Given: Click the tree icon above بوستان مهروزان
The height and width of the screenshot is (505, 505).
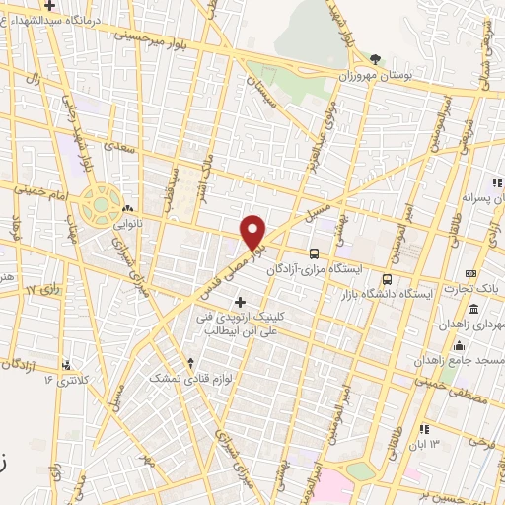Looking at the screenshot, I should point(374,58).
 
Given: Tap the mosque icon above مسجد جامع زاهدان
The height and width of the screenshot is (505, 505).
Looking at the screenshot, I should point(458,346).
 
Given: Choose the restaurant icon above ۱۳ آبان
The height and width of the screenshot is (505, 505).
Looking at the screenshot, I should point(425,429).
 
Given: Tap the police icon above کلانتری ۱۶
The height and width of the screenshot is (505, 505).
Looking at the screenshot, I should point(65,363).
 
